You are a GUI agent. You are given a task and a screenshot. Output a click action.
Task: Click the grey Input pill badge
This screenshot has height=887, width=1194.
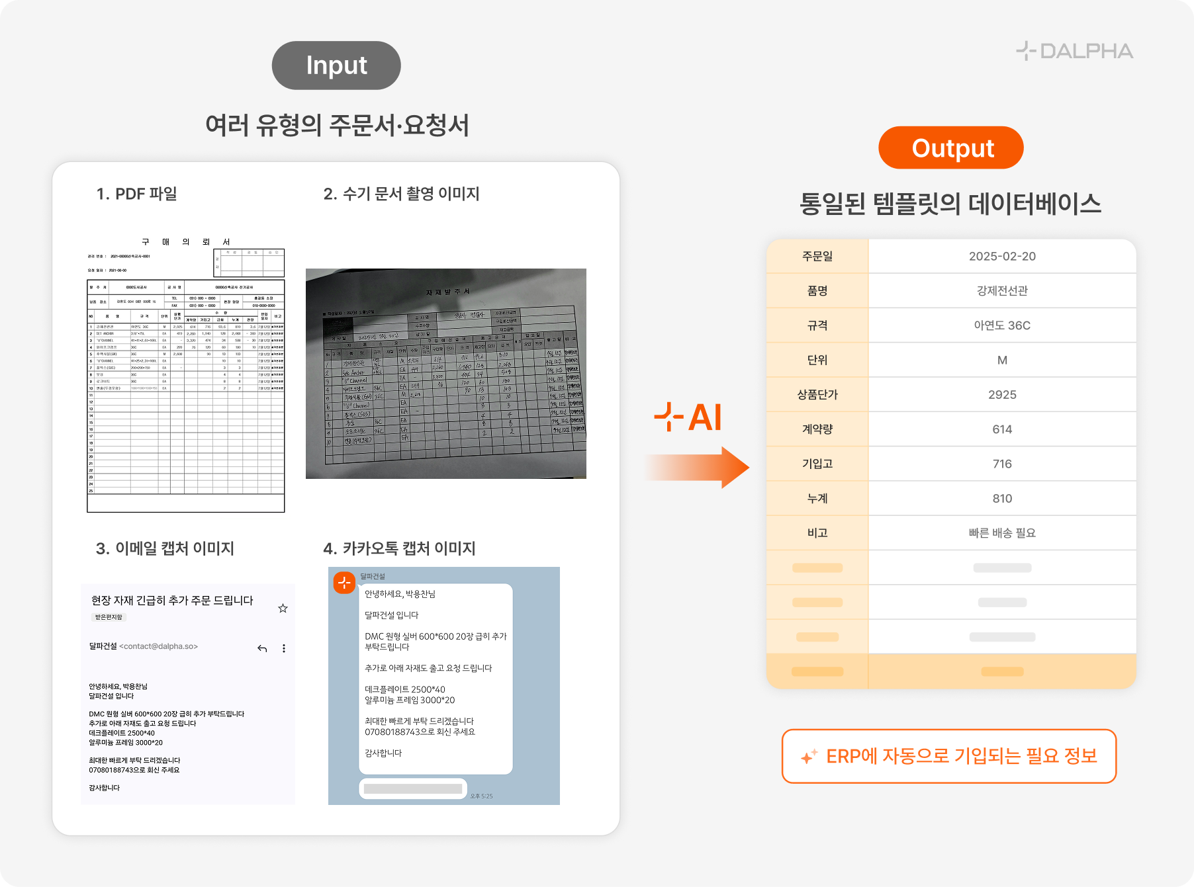[336, 65]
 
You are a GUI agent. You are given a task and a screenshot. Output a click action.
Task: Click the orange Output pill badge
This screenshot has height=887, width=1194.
[951, 148]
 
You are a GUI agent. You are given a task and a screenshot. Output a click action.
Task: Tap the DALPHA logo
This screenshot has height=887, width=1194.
[1075, 51]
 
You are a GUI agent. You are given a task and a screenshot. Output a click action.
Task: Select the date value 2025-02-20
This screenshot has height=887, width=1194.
[1002, 257]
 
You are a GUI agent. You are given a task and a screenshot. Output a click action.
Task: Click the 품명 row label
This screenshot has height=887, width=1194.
[817, 291]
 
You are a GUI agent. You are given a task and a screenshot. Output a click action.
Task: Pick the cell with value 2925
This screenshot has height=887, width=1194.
[1002, 395]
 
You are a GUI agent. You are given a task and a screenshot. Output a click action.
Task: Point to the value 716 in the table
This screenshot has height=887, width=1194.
[1002, 464]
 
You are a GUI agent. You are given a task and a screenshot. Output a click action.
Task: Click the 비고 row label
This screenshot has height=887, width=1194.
[817, 533]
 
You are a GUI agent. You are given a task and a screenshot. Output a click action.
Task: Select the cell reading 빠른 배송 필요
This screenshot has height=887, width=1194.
[1002, 533]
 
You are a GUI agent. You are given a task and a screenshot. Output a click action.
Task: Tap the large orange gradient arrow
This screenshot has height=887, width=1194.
[702, 467]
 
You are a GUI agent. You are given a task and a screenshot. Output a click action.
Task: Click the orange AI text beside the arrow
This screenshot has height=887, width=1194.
[704, 418]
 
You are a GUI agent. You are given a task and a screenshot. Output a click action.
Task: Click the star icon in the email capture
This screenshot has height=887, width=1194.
[283, 608]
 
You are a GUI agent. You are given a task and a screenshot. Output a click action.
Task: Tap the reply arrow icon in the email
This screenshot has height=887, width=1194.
[262, 648]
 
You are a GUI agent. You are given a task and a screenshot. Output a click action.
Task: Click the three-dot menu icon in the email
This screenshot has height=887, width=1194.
[284, 648]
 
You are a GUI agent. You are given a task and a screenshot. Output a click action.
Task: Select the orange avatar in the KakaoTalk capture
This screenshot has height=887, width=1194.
[344, 583]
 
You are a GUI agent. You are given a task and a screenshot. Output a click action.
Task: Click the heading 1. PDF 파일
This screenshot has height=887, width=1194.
[137, 194]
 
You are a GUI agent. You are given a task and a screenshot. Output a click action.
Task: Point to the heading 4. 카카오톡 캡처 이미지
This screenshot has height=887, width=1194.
[399, 548]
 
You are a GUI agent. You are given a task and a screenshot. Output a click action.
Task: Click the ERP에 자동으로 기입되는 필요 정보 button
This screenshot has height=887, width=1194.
[948, 756]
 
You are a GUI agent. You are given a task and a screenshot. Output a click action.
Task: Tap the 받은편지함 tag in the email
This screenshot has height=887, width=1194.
[109, 617]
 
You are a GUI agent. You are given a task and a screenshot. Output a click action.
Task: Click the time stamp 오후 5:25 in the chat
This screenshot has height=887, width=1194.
[481, 796]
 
